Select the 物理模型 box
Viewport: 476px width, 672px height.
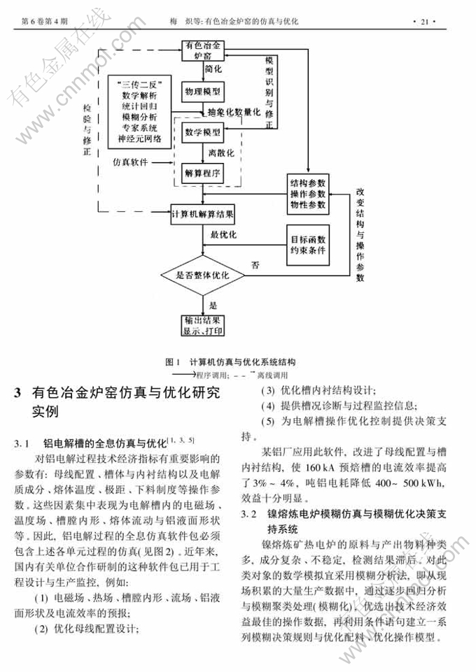[x=202, y=92]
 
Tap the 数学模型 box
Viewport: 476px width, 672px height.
[x=203, y=132]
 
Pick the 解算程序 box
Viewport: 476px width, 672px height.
[x=203, y=173]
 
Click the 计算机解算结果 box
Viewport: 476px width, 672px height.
[x=202, y=214]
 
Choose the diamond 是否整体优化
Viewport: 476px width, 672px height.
[x=203, y=276]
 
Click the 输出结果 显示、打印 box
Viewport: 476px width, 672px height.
[x=202, y=325]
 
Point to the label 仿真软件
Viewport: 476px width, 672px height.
[x=131, y=164]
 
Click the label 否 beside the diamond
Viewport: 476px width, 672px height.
[x=255, y=265]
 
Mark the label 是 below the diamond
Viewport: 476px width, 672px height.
[x=213, y=305]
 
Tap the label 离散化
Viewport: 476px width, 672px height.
[x=220, y=152]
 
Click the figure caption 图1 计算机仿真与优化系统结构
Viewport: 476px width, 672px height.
[x=231, y=362]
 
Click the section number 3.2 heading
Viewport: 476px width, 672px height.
[x=248, y=515]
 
